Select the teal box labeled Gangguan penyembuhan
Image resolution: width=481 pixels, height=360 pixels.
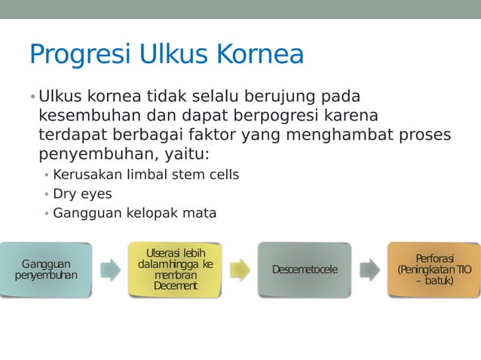[46, 270]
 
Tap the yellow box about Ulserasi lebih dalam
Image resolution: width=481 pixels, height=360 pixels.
[175, 269]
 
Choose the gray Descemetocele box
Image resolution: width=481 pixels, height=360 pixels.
[305, 270]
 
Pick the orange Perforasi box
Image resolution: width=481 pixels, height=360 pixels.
[434, 270]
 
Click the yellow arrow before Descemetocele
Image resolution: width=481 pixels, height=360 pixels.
[240, 270]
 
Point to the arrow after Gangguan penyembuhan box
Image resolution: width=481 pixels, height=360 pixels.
[110, 270]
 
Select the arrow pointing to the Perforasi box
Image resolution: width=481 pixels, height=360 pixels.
[369, 270]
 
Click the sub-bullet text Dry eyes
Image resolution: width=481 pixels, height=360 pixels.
[82, 194]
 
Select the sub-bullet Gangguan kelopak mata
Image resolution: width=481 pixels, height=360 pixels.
[134, 213]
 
